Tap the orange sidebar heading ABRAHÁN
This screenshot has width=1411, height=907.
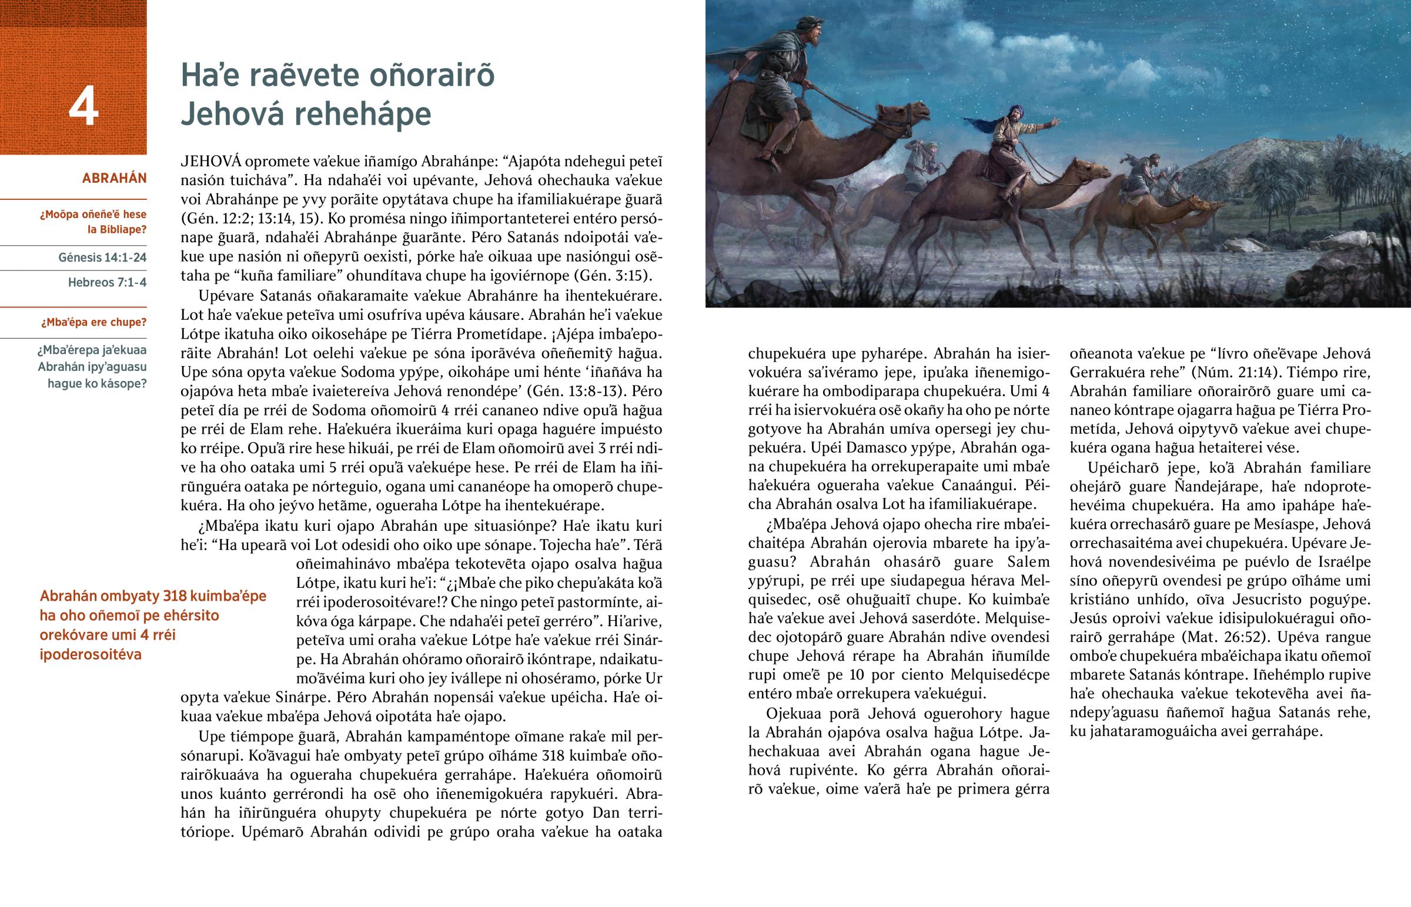[114, 179]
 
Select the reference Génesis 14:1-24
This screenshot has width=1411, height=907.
[102, 257]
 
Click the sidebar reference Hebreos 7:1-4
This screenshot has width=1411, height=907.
[107, 282]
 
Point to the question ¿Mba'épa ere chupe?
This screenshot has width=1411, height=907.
[93, 322]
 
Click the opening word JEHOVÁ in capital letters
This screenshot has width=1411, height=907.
[212, 162]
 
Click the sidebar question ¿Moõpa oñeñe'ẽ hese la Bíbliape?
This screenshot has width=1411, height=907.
[93, 222]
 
